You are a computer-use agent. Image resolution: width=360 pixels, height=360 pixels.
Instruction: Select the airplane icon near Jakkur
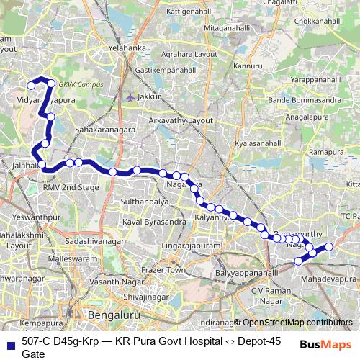click(x=130, y=96)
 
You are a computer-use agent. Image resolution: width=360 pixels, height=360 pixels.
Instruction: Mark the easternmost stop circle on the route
click(x=329, y=247)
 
